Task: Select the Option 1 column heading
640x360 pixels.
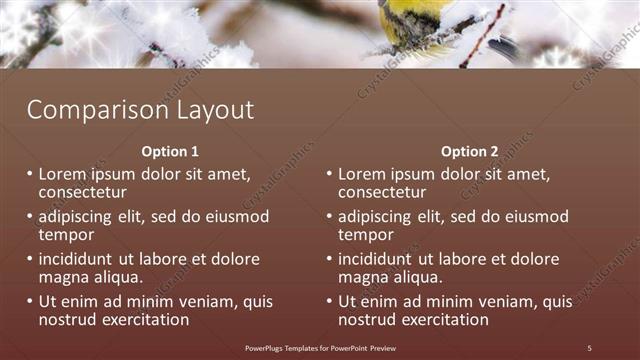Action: [x=170, y=152]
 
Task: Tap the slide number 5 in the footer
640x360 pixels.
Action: [x=589, y=347]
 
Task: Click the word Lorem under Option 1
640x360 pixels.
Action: [x=63, y=174]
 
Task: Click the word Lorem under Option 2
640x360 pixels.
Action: [x=362, y=174]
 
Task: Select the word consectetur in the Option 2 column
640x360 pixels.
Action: [x=382, y=192]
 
